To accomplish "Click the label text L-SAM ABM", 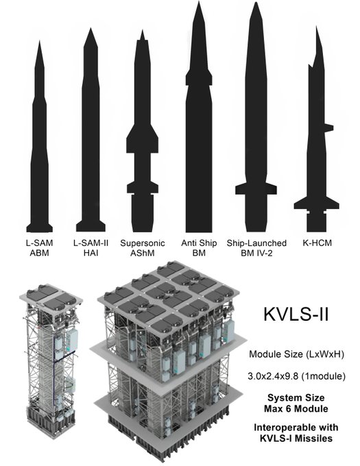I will point(39,247).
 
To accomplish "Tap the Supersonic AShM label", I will point(142,247).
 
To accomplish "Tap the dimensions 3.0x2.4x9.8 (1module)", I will point(296,376).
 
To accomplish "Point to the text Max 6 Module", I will point(296,408).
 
